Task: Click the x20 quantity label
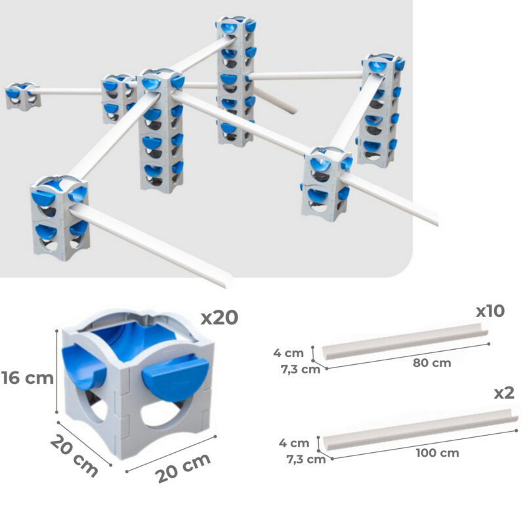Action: [x=219, y=318]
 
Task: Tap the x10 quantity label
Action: [x=490, y=311]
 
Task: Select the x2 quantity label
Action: [x=504, y=392]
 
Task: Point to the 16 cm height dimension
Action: [x=28, y=378]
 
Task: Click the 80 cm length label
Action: [x=432, y=363]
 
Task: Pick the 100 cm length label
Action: [x=437, y=453]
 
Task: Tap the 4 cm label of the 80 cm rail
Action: [x=288, y=352]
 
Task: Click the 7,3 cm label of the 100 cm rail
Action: [x=306, y=459]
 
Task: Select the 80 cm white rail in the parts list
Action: [x=405, y=341]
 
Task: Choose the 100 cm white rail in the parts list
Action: [x=421, y=430]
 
